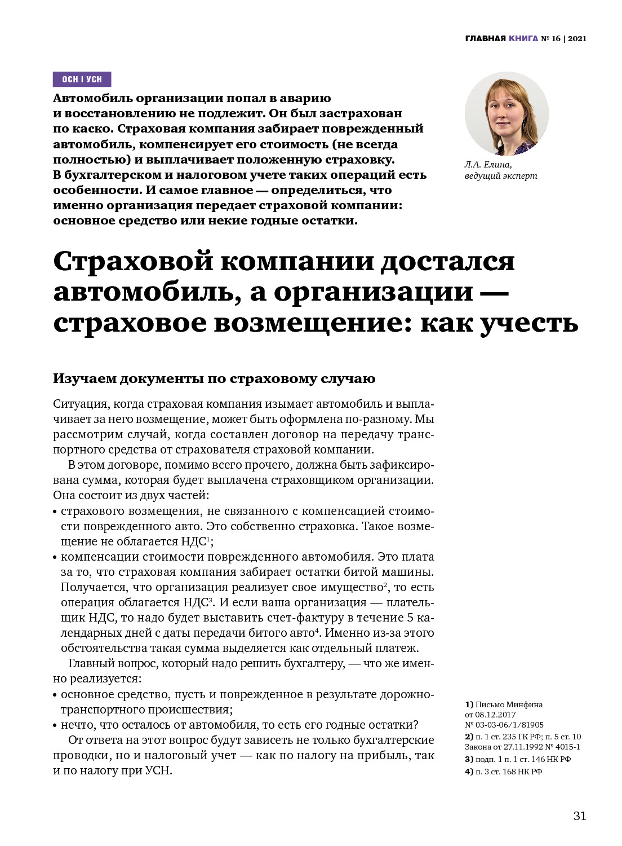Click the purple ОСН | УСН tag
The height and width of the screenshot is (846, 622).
(x=82, y=79)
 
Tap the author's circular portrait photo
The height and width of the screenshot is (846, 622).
(x=507, y=113)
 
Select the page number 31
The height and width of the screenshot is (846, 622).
(x=580, y=816)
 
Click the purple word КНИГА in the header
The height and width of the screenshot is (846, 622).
(x=523, y=39)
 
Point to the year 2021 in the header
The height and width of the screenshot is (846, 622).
(x=577, y=39)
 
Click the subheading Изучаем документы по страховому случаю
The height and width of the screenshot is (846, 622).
(x=214, y=378)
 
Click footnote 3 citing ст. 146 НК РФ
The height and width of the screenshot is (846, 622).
(x=518, y=759)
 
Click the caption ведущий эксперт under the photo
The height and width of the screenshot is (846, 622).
(x=501, y=176)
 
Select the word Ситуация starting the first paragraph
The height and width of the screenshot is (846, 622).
(x=78, y=404)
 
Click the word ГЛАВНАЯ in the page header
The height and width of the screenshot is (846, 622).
(x=485, y=39)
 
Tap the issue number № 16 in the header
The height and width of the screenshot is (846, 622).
(x=550, y=39)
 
